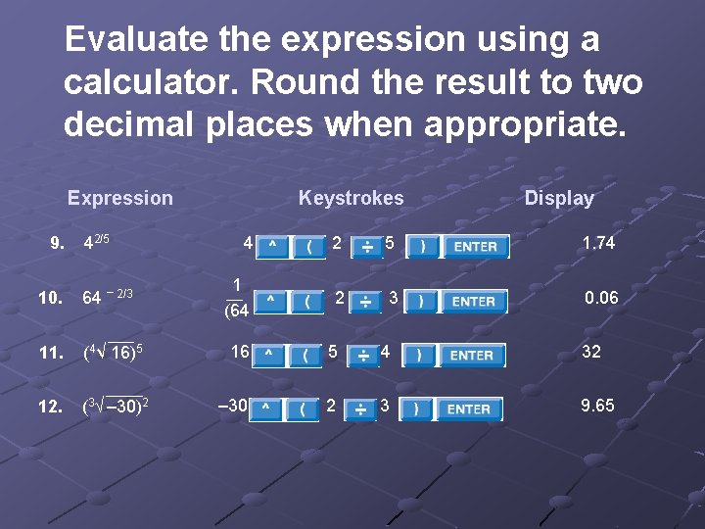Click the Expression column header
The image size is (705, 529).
click(119, 199)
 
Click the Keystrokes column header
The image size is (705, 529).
click(351, 199)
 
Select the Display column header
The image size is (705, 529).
click(559, 199)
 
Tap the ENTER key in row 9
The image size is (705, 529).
click(476, 246)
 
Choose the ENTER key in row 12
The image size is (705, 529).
click(469, 409)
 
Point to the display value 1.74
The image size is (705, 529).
click(598, 243)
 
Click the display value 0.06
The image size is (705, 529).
click(601, 298)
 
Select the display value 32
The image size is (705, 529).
click(591, 352)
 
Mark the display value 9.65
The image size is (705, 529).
click(597, 405)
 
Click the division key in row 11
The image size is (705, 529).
click(362, 356)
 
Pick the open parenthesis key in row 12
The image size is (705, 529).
click(303, 409)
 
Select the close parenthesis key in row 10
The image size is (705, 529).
click(421, 301)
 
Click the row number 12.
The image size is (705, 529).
click(50, 407)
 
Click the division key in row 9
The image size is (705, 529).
click(366, 246)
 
